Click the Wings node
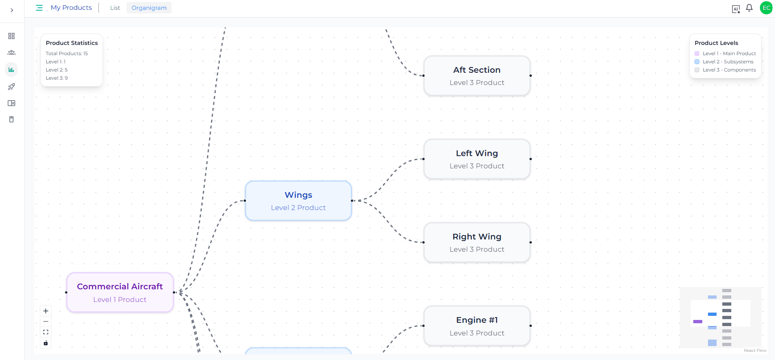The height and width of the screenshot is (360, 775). (298, 201)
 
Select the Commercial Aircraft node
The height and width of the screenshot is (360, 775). (120, 293)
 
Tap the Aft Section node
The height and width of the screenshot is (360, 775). (477, 76)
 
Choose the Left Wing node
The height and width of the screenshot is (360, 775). (477, 159)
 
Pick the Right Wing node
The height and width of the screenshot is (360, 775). (477, 242)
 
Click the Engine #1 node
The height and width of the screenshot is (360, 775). (477, 326)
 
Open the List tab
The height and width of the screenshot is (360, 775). (115, 8)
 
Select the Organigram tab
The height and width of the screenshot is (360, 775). (149, 8)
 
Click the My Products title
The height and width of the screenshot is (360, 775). (71, 8)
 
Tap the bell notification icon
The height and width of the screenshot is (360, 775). (749, 8)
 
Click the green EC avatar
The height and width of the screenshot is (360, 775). (766, 8)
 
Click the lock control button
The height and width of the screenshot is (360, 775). (46, 343)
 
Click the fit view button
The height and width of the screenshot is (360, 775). (46, 332)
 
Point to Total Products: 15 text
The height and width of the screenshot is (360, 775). (67, 54)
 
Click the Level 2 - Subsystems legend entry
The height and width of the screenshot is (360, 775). (728, 62)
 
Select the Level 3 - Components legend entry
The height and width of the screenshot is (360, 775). (729, 70)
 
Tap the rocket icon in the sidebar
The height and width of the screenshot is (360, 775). (11, 87)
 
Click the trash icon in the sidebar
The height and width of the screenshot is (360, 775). (11, 119)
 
